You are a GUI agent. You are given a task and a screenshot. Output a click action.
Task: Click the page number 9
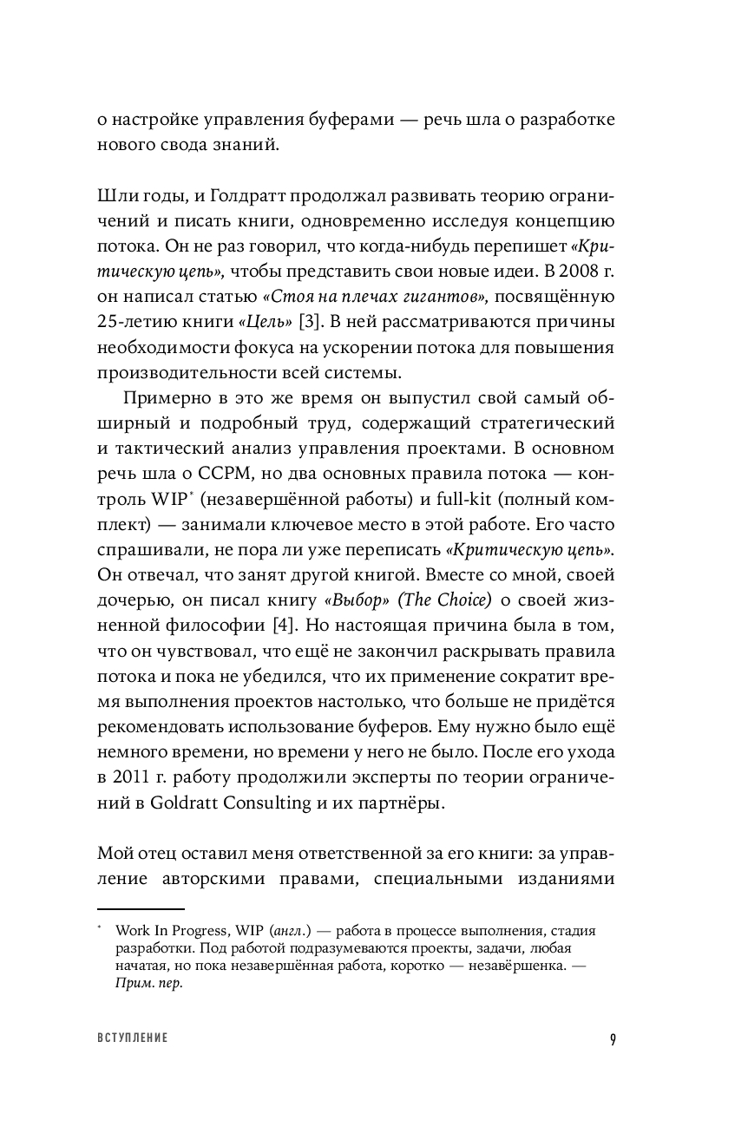tap(612, 1039)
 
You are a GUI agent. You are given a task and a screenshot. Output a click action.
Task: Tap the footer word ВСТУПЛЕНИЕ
tap(133, 1039)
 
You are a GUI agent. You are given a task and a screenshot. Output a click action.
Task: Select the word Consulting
tap(266, 802)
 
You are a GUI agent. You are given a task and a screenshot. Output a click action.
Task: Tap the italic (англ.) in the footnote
tap(292, 929)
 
